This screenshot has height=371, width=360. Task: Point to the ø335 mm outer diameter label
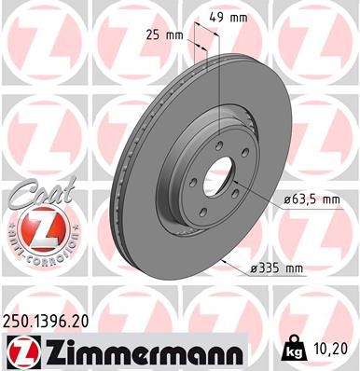pyautogui.click(x=279, y=268)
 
